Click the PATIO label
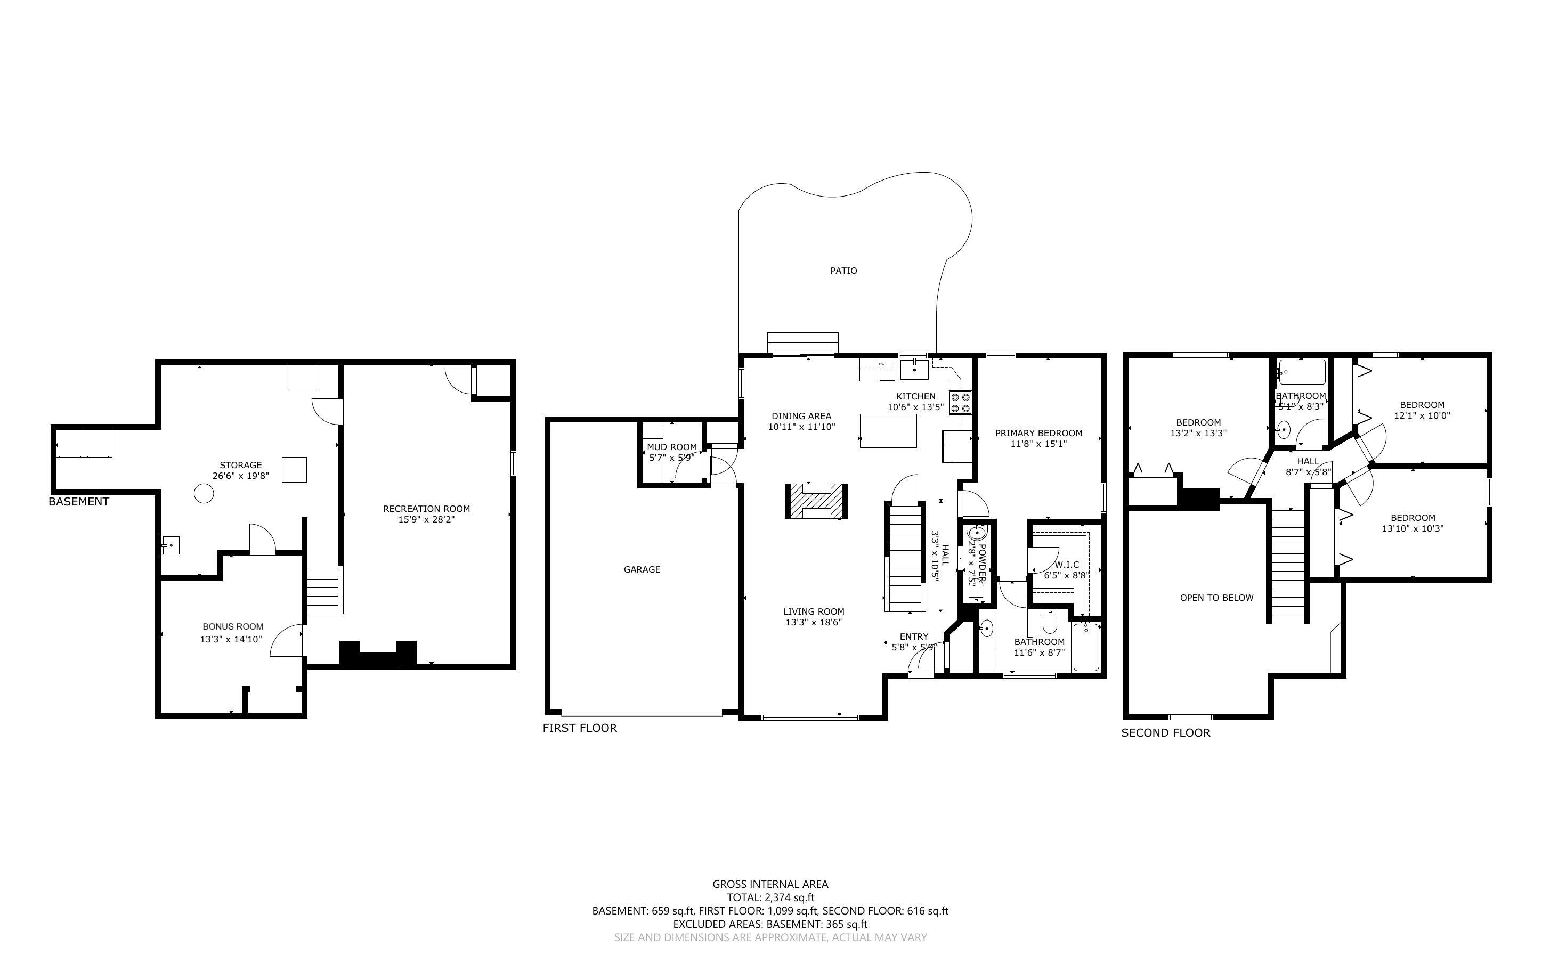(843, 271)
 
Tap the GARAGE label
(642, 569)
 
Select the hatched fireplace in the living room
(816, 501)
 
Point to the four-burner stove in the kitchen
(961, 403)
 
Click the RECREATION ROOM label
(426, 508)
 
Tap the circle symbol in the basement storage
(204, 494)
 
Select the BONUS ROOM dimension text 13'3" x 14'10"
(231, 640)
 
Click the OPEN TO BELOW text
(1216, 598)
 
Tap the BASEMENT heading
(78, 502)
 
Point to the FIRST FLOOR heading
(579, 728)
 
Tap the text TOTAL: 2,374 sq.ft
(770, 897)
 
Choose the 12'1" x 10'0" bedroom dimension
(1422, 415)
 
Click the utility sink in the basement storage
(170, 545)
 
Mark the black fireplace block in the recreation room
(378, 655)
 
